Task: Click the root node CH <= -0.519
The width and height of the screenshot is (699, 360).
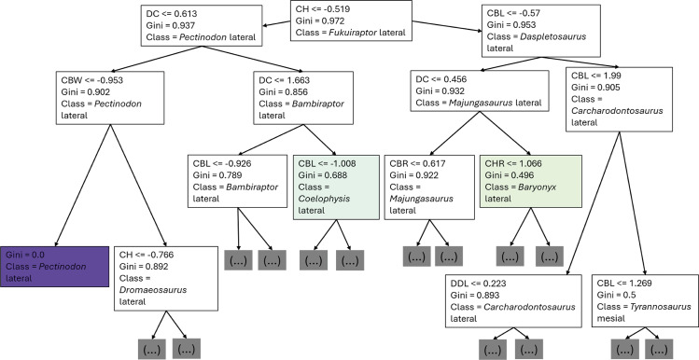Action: [x=351, y=21]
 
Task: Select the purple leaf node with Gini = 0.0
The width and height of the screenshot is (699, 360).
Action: [x=54, y=267]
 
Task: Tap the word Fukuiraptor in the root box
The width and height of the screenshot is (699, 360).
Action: [x=347, y=32]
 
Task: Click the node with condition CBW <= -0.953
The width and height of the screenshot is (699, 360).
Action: [x=110, y=98]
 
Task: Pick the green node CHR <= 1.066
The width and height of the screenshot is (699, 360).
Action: [x=531, y=181]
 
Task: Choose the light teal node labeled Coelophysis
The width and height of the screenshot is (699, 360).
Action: [x=336, y=187]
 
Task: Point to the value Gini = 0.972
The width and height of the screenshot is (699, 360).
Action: [x=317, y=21]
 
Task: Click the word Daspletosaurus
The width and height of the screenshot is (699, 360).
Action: [x=553, y=36]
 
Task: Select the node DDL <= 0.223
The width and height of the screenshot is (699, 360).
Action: [x=513, y=300]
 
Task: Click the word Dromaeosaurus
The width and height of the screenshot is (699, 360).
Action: [x=153, y=290]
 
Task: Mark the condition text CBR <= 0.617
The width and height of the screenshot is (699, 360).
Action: [x=417, y=163]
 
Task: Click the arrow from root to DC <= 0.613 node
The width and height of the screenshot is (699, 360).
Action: [x=276, y=23]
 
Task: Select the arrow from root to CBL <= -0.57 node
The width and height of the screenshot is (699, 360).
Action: [x=447, y=26]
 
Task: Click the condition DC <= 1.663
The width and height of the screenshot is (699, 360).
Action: [x=285, y=80]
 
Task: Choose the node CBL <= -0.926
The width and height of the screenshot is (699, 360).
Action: [x=237, y=181]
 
